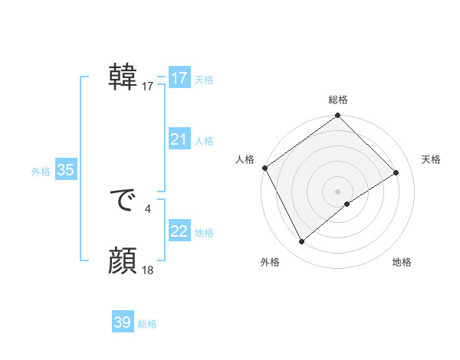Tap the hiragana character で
pos(123,201)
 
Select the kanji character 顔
pos(123,262)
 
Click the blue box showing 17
pos(179,78)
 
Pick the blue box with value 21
pos(179,139)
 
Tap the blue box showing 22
pos(179,231)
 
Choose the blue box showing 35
pos(65,171)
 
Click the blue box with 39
pos(122,322)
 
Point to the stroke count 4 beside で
pos(148,208)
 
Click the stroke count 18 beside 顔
pos(148,270)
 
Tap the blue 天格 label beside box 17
pos(204,80)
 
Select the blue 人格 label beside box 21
pos(204,141)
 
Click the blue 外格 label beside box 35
pos(41,172)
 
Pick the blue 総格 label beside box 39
pos(147,324)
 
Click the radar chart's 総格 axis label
pos(338,100)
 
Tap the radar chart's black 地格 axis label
pos(402,263)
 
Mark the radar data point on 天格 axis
pos(396,172)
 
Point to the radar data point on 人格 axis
pos(264,168)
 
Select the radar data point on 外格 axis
pos(302,242)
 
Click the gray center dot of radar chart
pos(338,191)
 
